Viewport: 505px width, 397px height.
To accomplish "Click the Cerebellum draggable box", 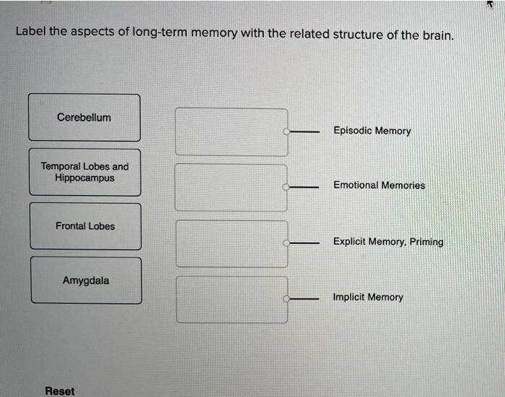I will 84,118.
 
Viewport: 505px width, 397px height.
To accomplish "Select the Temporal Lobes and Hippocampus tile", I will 84,172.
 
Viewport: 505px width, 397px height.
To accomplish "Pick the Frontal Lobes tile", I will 85,226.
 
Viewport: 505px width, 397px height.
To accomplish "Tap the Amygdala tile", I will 86,280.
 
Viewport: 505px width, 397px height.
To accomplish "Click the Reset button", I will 59,391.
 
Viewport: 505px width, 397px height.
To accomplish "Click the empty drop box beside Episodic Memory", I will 231,131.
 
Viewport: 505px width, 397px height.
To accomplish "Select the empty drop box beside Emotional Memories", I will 231,187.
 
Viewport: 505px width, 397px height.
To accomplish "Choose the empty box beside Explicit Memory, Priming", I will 231,243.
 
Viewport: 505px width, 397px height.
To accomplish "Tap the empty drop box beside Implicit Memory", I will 231,299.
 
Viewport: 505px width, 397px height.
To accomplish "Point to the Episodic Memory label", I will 372,131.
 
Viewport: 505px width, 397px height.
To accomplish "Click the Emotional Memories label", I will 379,186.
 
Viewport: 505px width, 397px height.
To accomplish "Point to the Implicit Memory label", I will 368,297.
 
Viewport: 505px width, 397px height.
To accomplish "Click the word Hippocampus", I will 84,178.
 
